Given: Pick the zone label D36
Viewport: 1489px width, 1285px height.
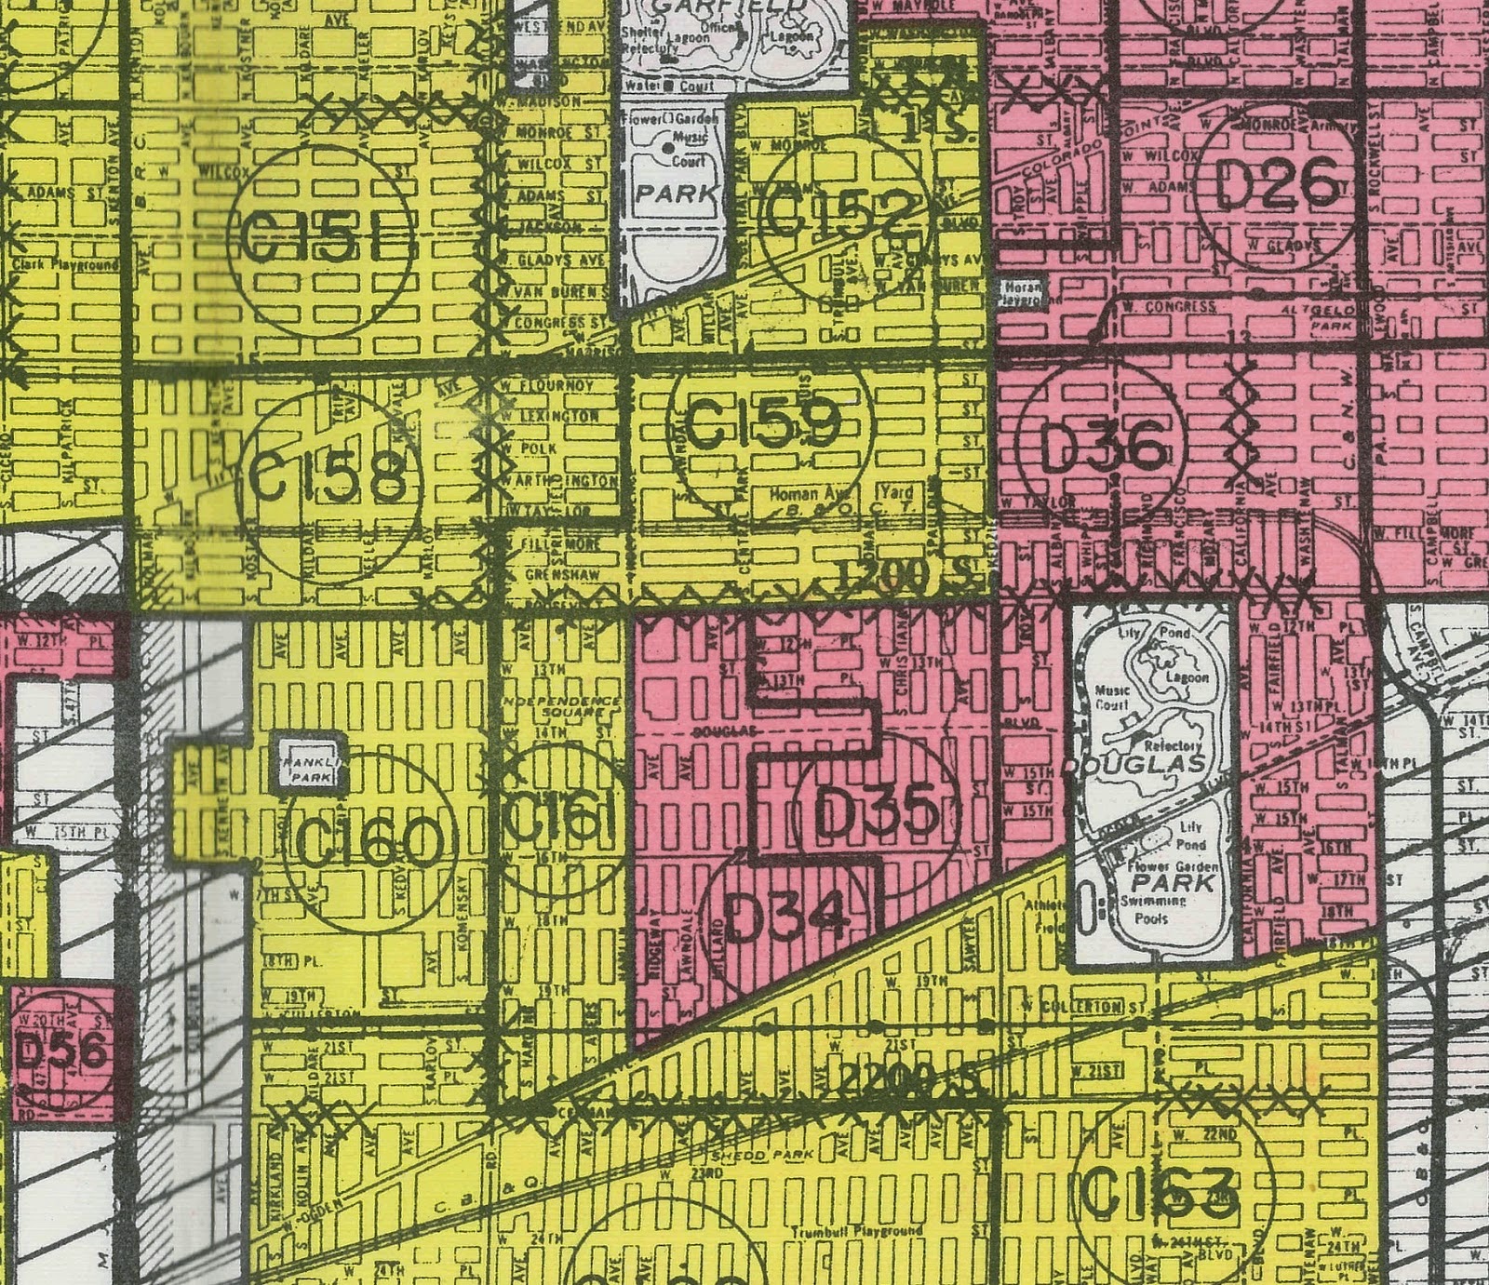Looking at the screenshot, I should [1102, 450].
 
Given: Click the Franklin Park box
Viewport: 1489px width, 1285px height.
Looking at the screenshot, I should [310, 769].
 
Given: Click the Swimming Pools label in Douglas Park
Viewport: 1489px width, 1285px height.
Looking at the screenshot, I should [1152, 909].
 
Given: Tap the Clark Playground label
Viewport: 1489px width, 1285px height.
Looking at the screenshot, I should [65, 265].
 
